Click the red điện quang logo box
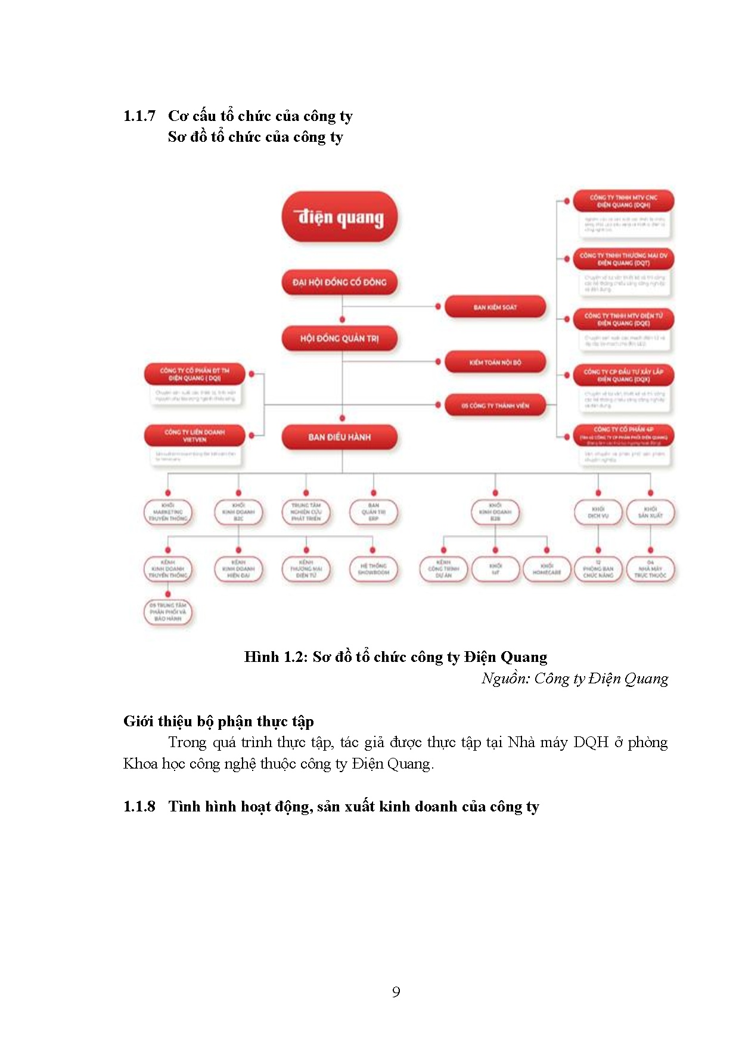(x=340, y=217)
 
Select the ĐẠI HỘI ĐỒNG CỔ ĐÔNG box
(x=339, y=282)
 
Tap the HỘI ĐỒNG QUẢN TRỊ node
(x=339, y=338)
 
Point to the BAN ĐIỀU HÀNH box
(x=339, y=437)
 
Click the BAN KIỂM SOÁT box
(x=495, y=307)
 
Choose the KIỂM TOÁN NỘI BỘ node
(x=495, y=362)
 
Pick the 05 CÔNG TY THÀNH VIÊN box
(x=495, y=405)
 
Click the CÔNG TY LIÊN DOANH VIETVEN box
(x=194, y=436)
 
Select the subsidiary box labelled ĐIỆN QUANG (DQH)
(x=623, y=201)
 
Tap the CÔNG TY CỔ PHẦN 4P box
(x=623, y=433)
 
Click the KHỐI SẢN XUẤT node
(x=650, y=512)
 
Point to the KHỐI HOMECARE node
(x=547, y=569)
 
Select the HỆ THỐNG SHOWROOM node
(x=373, y=569)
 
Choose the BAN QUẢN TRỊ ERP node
(x=373, y=512)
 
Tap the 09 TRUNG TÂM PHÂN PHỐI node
(x=167, y=612)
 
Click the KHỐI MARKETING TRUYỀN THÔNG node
(x=167, y=512)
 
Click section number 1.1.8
(x=139, y=806)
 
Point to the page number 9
(x=396, y=991)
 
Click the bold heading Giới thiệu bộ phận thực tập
(x=218, y=721)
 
